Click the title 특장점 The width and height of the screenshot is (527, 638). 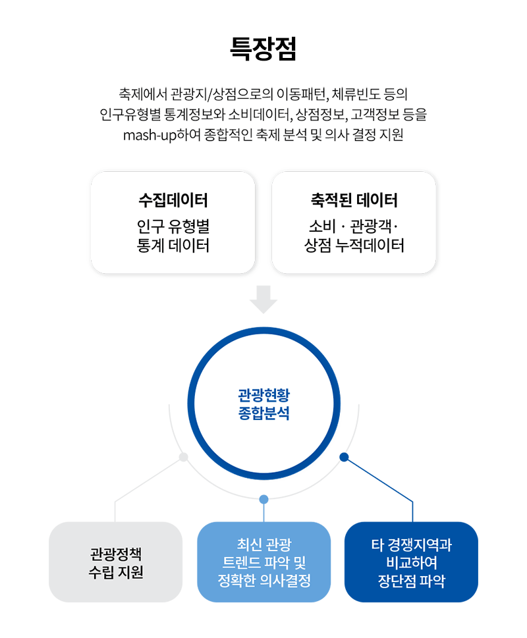(263, 49)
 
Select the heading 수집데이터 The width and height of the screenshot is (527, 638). (173, 199)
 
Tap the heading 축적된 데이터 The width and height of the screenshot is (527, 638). (354, 199)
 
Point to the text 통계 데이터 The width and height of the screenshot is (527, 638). (173, 246)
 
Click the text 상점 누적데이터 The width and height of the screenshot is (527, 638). (354, 246)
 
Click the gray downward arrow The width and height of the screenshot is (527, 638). (263, 300)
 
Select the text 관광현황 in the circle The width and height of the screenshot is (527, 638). (263, 394)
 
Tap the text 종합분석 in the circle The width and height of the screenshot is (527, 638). (263, 413)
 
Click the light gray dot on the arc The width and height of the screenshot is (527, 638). (184, 457)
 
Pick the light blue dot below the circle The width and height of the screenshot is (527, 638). (263, 499)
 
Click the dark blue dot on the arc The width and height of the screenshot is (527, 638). (344, 457)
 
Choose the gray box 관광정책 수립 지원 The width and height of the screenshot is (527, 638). (115, 562)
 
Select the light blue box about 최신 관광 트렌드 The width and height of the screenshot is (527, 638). (263, 562)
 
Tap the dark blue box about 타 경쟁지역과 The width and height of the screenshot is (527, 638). (412, 562)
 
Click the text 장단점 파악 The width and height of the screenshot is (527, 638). (412, 581)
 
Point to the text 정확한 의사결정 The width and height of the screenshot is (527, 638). (263, 581)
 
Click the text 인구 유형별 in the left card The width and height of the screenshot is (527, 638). (173, 226)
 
